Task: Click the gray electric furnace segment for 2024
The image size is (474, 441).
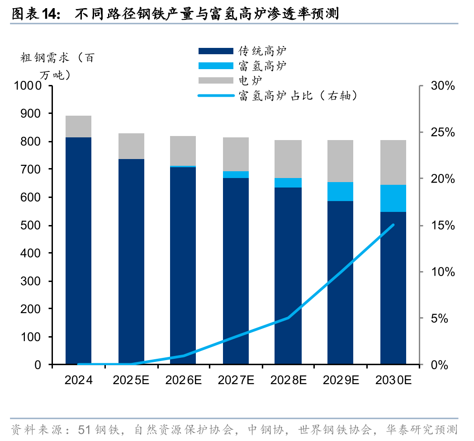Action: pyautogui.click(x=78, y=127)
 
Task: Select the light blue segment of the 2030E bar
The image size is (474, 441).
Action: pyautogui.click(x=393, y=198)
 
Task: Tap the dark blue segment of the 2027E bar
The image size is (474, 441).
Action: pyautogui.click(x=236, y=271)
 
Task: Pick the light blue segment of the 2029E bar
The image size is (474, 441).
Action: pyautogui.click(x=340, y=192)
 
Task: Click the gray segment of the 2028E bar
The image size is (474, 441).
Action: pyautogui.click(x=288, y=159)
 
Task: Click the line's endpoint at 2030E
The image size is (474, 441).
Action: pyautogui.click(x=393, y=225)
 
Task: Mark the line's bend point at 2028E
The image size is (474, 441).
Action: pyautogui.click(x=288, y=318)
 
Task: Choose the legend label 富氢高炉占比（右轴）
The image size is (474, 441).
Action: pyautogui.click(x=299, y=96)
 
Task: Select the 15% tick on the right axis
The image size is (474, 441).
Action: pyautogui.click(x=442, y=225)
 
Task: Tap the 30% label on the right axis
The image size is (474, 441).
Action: pyautogui.click(x=442, y=86)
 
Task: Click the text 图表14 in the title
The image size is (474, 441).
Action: pyautogui.click(x=35, y=14)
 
